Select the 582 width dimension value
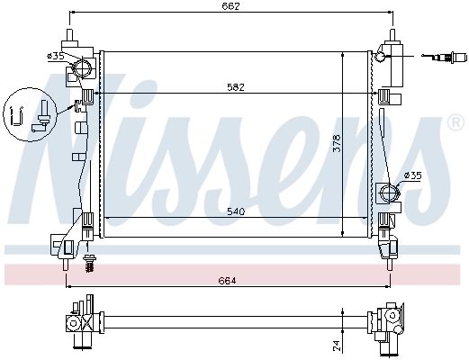(236, 86)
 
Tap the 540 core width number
(236, 211)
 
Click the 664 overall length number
(228, 281)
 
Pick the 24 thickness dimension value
(336, 343)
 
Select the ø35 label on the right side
(412, 175)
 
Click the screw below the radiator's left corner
(88, 262)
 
